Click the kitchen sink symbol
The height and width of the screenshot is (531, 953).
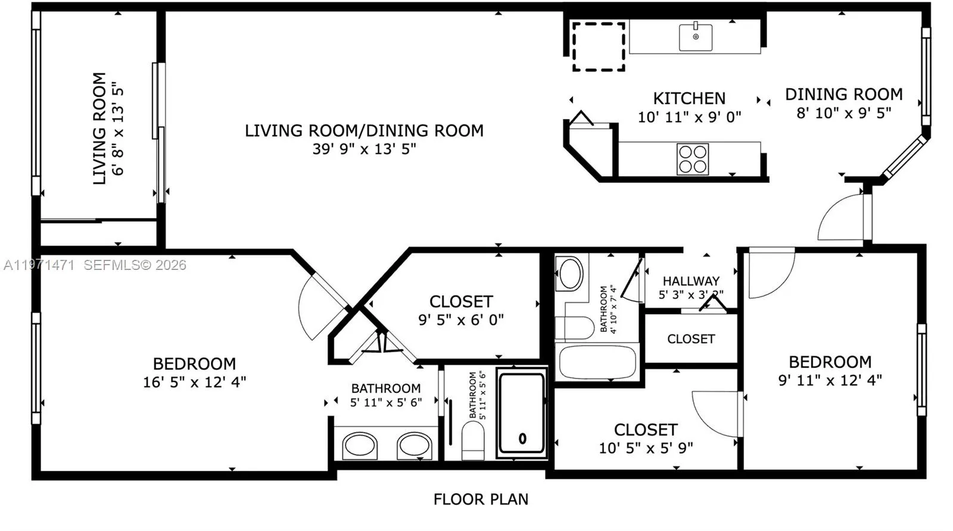(696, 37)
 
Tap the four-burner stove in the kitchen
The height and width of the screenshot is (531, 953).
(693, 159)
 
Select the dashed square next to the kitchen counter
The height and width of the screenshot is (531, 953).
(599, 46)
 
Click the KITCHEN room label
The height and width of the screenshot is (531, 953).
(689, 98)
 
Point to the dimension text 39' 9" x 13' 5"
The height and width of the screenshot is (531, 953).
(364, 149)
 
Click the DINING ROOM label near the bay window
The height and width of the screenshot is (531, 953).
(843, 94)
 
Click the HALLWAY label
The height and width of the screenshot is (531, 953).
(691, 281)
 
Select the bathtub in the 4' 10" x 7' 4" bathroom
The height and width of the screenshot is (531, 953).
(597, 362)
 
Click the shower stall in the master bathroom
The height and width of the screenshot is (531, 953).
(522, 412)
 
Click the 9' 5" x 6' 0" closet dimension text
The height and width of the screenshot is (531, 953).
(460, 320)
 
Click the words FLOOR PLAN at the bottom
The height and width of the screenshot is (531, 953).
(481, 499)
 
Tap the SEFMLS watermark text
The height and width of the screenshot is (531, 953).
(135, 265)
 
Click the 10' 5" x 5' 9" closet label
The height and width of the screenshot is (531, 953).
(646, 439)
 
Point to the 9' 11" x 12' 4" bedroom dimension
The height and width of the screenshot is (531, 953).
(830, 380)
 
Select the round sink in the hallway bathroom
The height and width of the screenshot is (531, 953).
(571, 274)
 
